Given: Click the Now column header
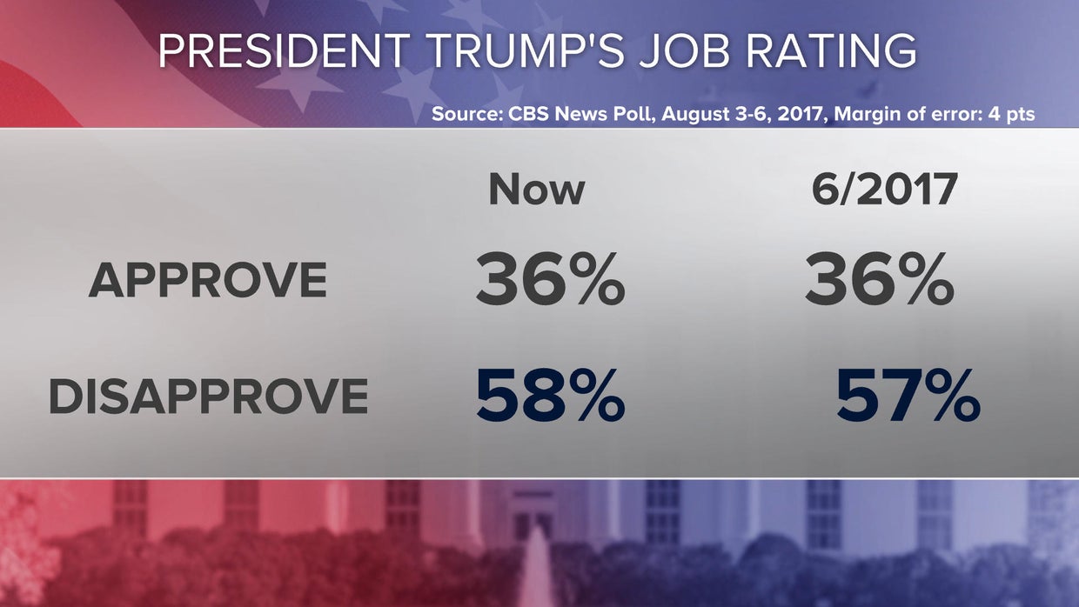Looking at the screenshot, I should [x=536, y=190].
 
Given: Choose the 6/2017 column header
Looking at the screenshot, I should [x=884, y=190].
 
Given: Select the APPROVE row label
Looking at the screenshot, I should [x=208, y=281].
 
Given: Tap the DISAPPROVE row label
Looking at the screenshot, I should [x=208, y=397].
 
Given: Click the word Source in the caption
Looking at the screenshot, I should [x=462, y=114].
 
